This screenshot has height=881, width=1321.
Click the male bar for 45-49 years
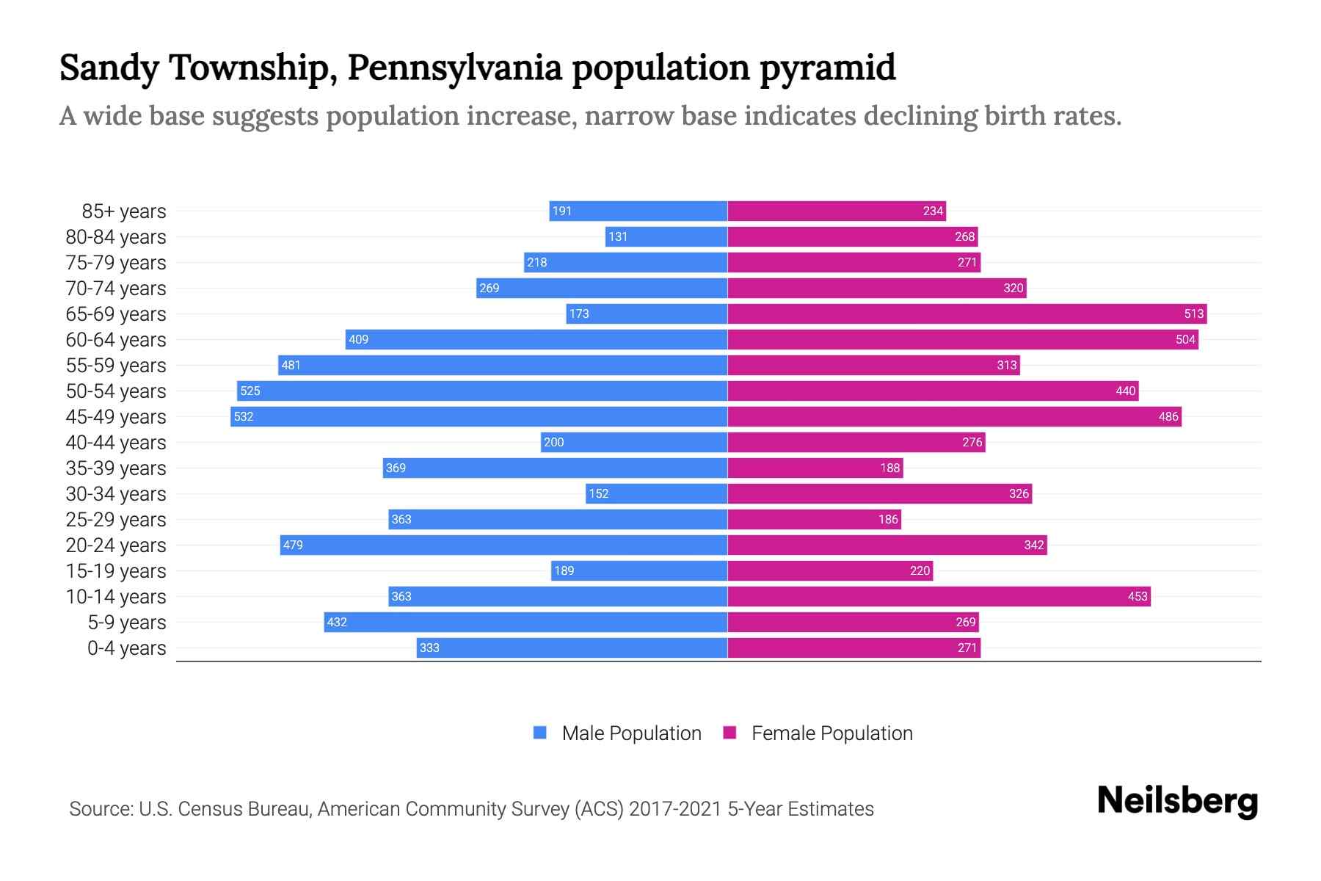[x=478, y=417]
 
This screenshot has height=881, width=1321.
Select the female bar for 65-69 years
[x=967, y=314]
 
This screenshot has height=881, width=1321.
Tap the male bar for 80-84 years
[x=666, y=237]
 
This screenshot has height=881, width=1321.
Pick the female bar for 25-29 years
[x=814, y=520]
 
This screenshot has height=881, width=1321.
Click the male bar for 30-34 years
[x=657, y=494]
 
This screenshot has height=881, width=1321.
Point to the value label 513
[x=1193, y=314]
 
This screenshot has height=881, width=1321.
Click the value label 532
[x=244, y=417]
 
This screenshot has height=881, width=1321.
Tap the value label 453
[x=1137, y=597]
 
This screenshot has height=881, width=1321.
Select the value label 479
[x=293, y=545]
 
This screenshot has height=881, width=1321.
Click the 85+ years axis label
[x=124, y=211]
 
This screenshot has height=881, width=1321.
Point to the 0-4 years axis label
[x=126, y=648]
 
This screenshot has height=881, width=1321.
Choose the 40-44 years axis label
[x=116, y=443]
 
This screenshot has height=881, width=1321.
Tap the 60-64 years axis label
[x=116, y=340]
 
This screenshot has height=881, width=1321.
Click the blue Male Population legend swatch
[x=540, y=733]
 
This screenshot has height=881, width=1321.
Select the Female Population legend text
[x=831, y=733]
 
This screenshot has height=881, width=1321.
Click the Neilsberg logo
[x=1177, y=801]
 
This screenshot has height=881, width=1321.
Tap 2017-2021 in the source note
[x=675, y=809]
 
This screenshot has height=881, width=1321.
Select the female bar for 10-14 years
[x=939, y=597]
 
